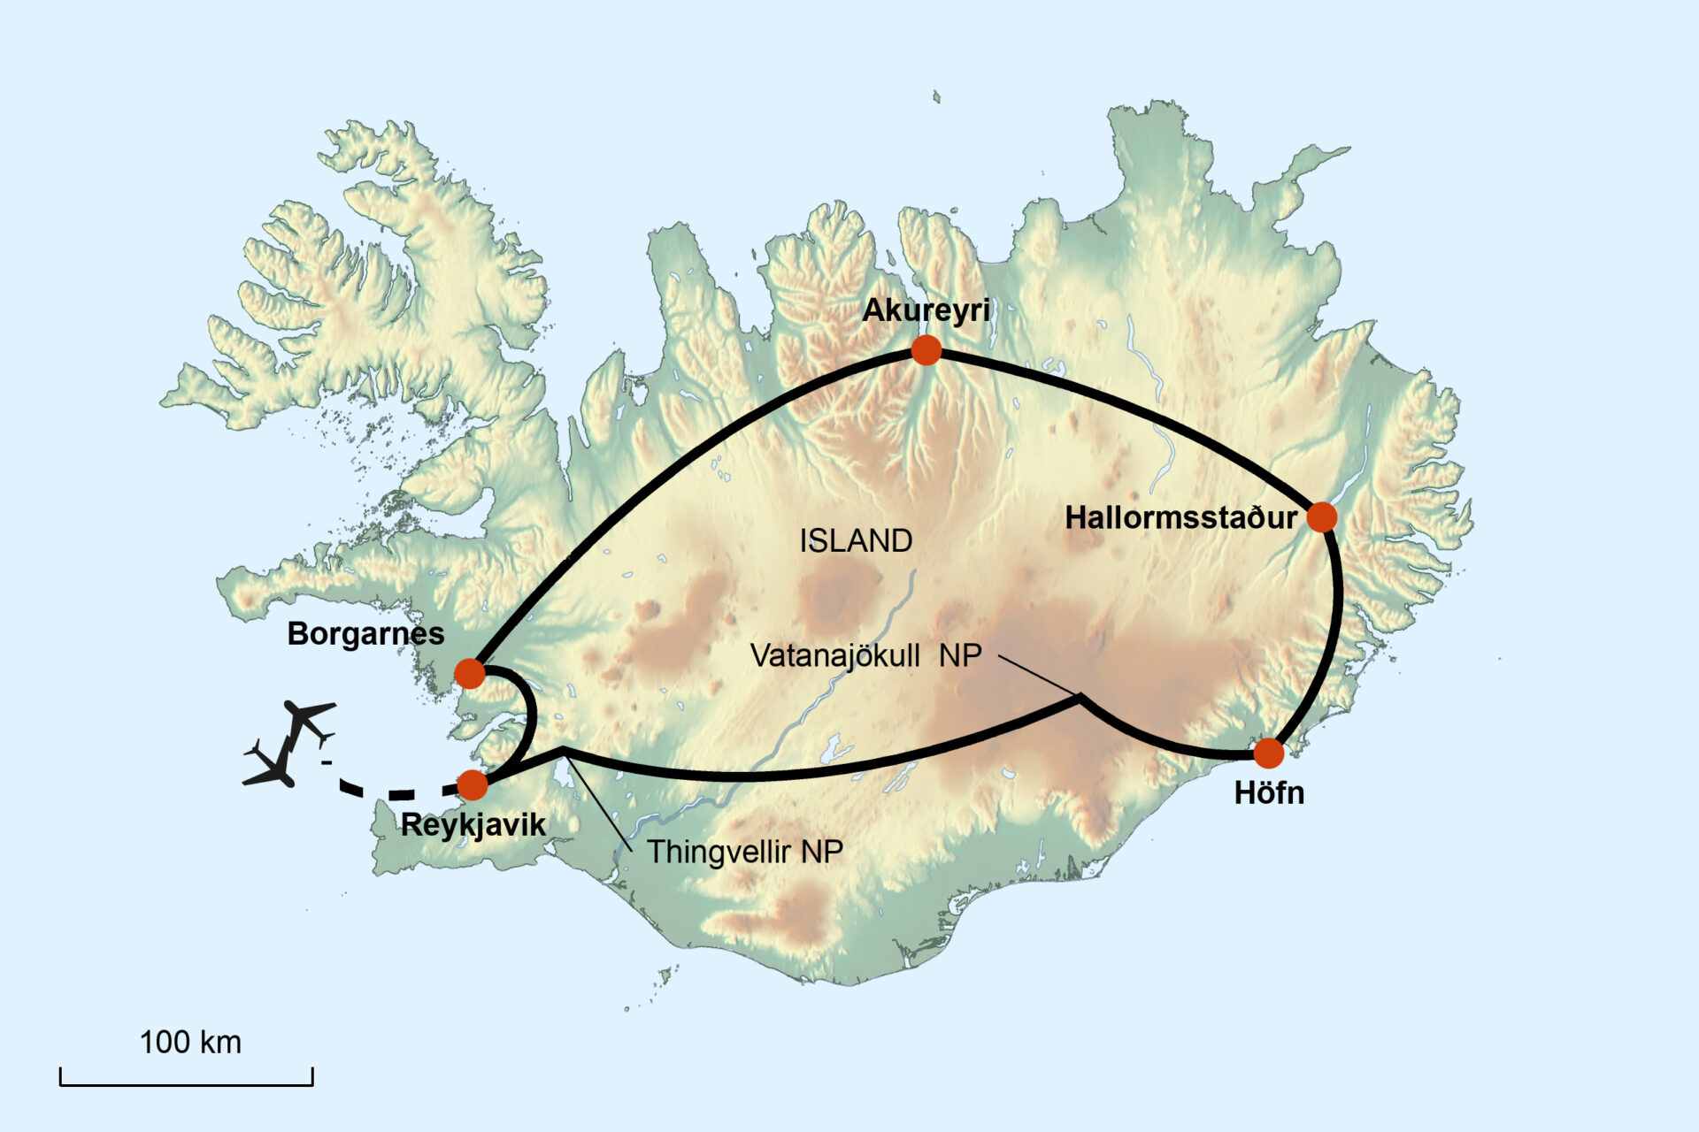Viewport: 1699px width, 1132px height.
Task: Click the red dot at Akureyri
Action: click(x=926, y=350)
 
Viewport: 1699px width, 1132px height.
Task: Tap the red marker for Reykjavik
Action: click(x=473, y=784)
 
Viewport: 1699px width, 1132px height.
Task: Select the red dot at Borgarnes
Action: click(x=470, y=673)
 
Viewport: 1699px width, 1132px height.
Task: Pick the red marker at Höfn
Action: click(x=1268, y=753)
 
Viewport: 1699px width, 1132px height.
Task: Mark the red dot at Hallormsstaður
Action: click(x=1321, y=516)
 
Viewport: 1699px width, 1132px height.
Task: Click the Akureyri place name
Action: click(x=926, y=310)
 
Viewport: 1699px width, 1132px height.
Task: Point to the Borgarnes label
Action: click(x=365, y=633)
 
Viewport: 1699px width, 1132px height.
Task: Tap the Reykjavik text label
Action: click(x=473, y=825)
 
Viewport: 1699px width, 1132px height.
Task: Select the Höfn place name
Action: click(x=1269, y=793)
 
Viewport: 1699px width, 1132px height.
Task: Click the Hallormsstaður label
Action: click(x=1180, y=517)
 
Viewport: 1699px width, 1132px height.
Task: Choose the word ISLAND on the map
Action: click(x=856, y=541)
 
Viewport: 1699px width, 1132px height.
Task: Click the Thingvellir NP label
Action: click(x=744, y=852)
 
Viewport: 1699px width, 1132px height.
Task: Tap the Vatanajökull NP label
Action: click(x=865, y=655)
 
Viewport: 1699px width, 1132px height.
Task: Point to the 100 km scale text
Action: click(x=190, y=1043)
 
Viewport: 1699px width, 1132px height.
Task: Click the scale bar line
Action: click(x=187, y=1083)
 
